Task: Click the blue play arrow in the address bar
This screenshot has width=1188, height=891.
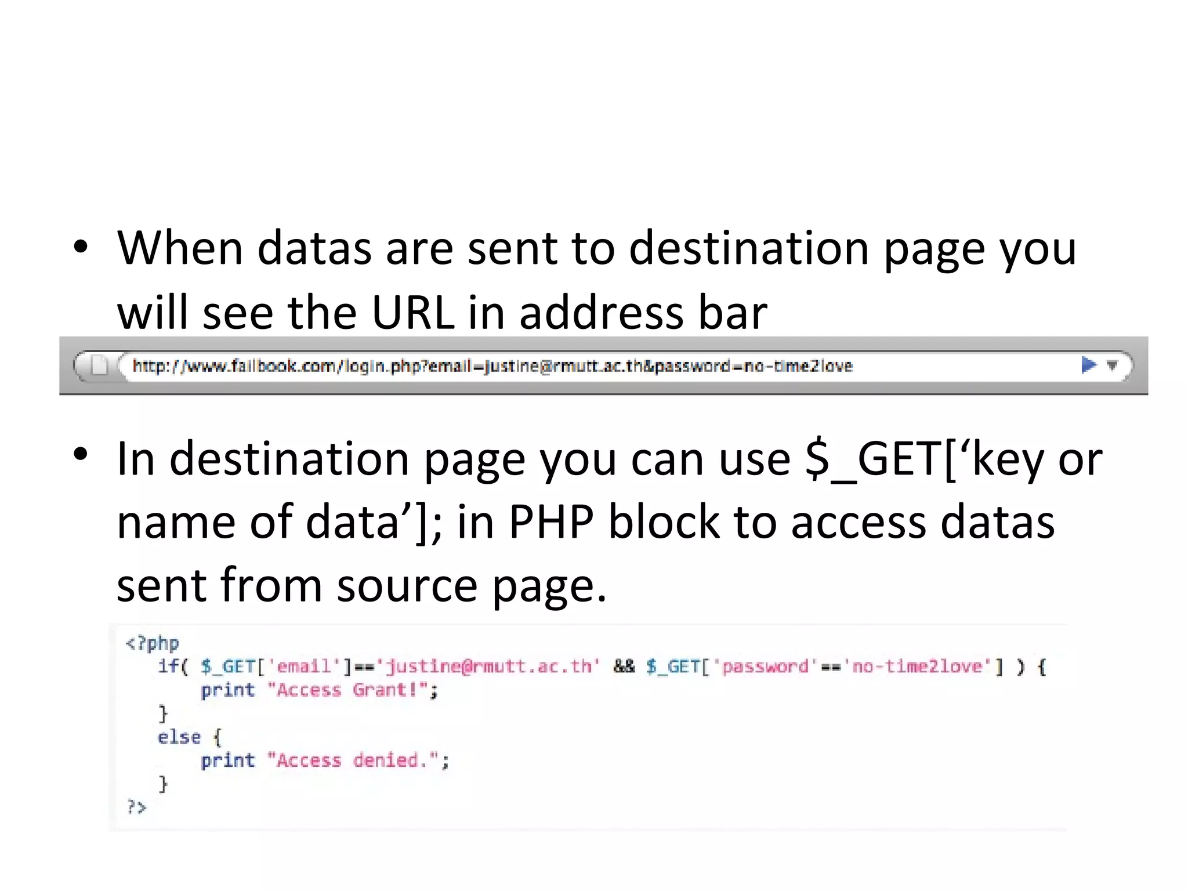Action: (x=1089, y=365)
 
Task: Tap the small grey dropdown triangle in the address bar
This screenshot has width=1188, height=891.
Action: (x=1112, y=365)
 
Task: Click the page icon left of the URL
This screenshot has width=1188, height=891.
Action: (x=99, y=365)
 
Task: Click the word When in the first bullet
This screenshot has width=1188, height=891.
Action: (x=180, y=248)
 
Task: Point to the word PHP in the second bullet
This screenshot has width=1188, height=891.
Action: (x=551, y=521)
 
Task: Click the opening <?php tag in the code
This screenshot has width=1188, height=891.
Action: (x=153, y=643)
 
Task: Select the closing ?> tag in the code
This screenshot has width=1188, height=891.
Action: (x=137, y=807)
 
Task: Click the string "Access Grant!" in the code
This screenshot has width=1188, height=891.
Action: (x=347, y=690)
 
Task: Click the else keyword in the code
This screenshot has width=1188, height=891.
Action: (x=179, y=737)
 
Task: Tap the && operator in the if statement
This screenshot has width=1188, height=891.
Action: (x=624, y=667)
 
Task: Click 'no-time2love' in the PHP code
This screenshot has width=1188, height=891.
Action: (x=917, y=667)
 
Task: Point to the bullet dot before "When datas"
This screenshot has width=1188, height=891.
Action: (x=81, y=248)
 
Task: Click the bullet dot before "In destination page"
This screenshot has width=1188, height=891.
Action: (x=81, y=455)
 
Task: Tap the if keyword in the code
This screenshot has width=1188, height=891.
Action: (x=169, y=667)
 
